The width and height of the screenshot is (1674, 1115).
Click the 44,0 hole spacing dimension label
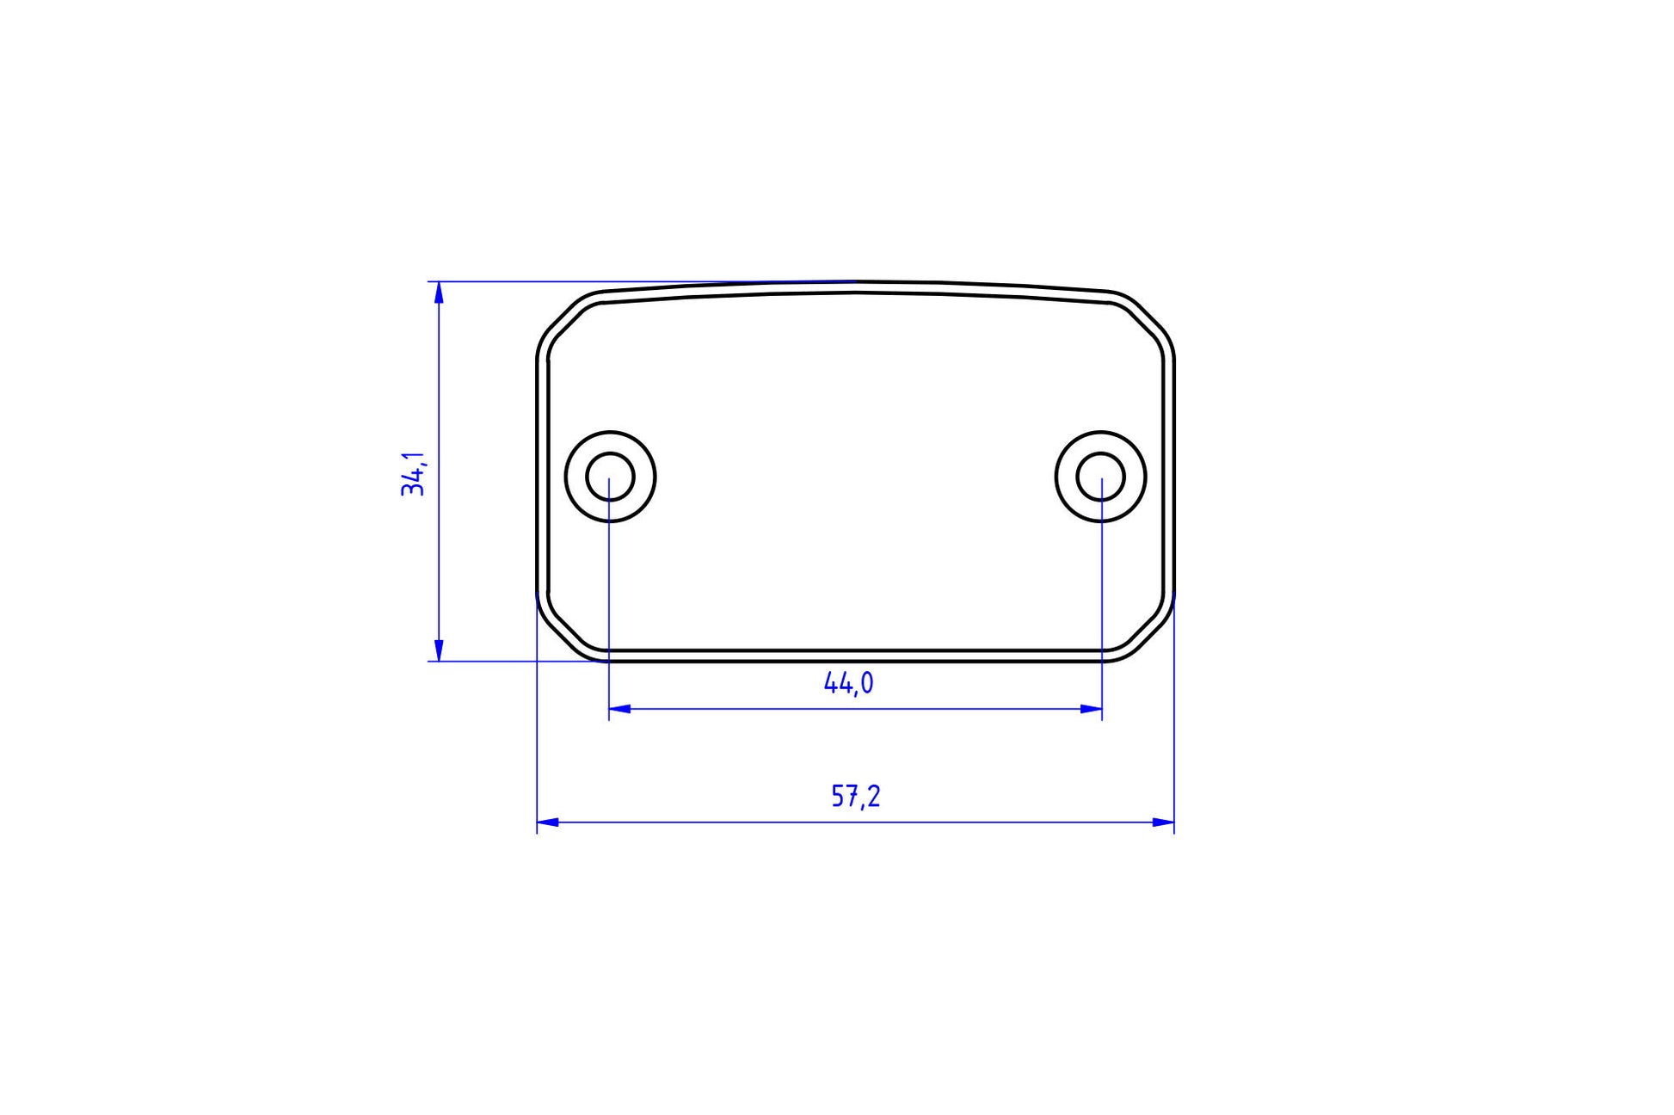tap(849, 683)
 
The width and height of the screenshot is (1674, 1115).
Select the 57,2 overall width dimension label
tap(856, 797)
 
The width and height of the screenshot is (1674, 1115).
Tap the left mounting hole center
tap(610, 477)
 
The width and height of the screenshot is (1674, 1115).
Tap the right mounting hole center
tap(1101, 477)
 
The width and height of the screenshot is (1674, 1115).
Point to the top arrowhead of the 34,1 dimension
tap(439, 293)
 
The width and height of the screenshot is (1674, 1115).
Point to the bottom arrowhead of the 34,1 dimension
tap(439, 650)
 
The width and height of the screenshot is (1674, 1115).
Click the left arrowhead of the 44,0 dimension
tap(620, 709)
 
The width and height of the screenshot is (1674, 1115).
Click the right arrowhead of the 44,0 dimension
tap(1091, 709)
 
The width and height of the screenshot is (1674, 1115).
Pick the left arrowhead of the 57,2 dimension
tap(548, 822)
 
